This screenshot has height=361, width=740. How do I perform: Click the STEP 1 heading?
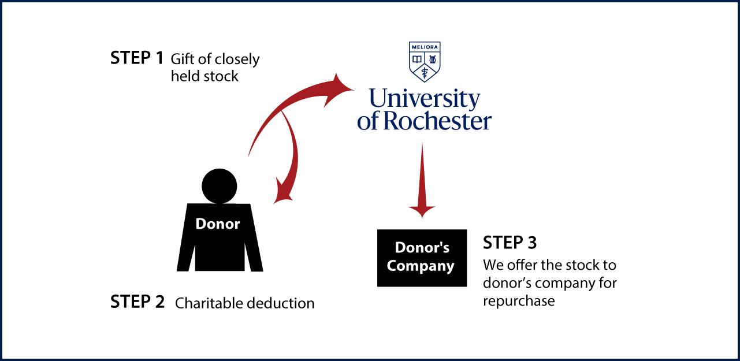137,58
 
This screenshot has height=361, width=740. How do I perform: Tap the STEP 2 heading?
137,302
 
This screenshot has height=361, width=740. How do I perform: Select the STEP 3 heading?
510,243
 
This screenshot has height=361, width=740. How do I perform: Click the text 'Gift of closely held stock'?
215,68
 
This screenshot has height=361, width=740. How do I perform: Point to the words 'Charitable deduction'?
245,303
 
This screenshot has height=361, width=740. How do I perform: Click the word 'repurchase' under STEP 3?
519,301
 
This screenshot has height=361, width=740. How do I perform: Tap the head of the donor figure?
220,186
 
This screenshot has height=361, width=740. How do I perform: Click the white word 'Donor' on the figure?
218,224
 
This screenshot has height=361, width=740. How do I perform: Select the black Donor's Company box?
422,258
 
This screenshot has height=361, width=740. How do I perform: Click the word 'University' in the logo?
425,99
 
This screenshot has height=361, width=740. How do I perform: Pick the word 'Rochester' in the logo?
437,121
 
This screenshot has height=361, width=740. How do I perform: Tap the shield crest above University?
425,62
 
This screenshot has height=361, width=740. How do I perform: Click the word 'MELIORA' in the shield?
425,47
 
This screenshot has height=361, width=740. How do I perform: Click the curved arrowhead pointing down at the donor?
283,191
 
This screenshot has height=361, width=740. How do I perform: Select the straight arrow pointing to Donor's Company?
422,180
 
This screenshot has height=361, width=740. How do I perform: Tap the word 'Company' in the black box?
421,266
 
